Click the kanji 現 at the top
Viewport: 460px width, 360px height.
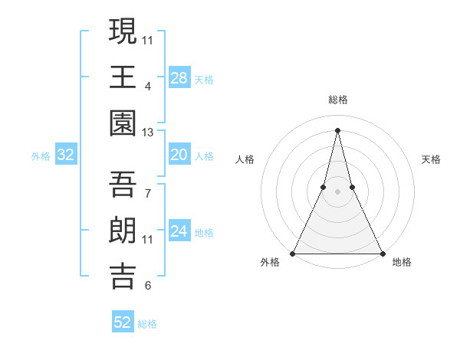(123, 32)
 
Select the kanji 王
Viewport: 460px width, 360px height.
(123, 78)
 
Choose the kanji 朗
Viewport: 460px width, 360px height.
(123, 231)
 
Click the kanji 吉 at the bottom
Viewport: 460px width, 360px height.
(123, 277)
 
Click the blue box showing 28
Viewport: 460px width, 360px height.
(179, 77)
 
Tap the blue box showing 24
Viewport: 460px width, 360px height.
(179, 232)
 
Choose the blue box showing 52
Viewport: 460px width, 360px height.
(123, 322)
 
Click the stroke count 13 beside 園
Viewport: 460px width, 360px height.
(148, 133)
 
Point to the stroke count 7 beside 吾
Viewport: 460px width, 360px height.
(147, 193)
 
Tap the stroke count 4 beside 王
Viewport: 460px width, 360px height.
(147, 86)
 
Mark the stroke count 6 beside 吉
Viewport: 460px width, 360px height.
(147, 286)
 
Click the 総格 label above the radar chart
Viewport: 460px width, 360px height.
(337, 100)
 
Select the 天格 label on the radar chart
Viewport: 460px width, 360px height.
(431, 159)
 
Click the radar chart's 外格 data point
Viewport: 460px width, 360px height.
(293, 254)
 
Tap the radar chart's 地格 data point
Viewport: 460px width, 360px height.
(382, 254)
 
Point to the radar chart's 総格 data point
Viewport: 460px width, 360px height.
(337, 129)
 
